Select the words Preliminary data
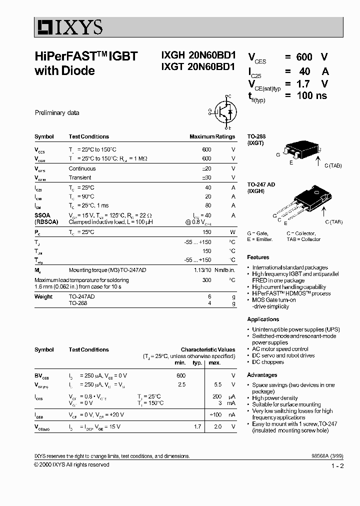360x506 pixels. (x=57, y=113)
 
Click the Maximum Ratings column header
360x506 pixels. (x=212, y=136)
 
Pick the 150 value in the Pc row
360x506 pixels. (x=206, y=232)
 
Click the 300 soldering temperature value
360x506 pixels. (x=206, y=280)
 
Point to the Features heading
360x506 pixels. (x=258, y=257)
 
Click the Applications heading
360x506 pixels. (x=263, y=319)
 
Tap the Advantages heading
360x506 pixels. (x=262, y=374)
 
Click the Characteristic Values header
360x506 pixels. (x=207, y=349)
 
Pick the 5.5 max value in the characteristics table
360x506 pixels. (x=217, y=384)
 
